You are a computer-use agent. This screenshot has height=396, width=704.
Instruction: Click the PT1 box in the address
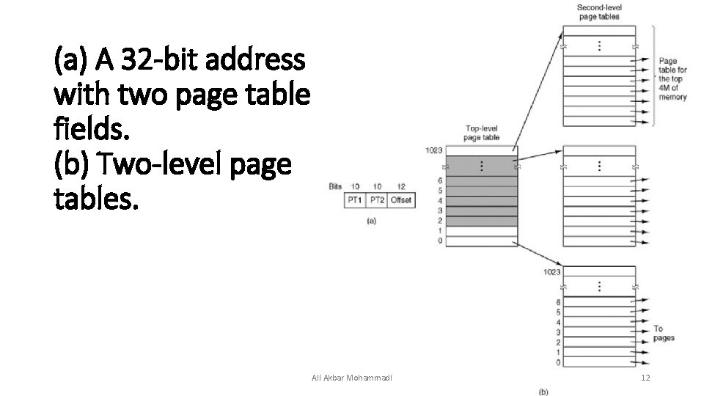tap(355, 199)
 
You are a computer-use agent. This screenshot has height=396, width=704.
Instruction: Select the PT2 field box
tap(377, 199)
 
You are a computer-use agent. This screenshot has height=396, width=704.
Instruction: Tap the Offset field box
tap(400, 199)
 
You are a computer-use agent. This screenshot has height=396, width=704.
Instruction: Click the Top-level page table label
tap(483, 133)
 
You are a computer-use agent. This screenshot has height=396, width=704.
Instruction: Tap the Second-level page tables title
tap(598, 12)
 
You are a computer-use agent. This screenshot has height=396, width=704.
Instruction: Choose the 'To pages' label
tap(663, 333)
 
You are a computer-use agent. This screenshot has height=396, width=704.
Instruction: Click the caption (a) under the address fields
tap(371, 221)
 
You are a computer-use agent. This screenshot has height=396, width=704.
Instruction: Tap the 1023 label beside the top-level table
tap(434, 151)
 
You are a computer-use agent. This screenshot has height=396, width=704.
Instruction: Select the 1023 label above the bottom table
tap(552, 272)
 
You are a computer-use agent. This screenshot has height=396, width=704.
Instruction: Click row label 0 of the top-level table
tap(439, 241)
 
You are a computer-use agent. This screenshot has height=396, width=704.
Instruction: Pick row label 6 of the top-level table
tap(439, 180)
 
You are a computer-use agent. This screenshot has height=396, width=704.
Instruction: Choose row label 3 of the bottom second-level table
tap(559, 332)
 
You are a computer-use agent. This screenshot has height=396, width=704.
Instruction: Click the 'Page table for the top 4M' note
tap(672, 79)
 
